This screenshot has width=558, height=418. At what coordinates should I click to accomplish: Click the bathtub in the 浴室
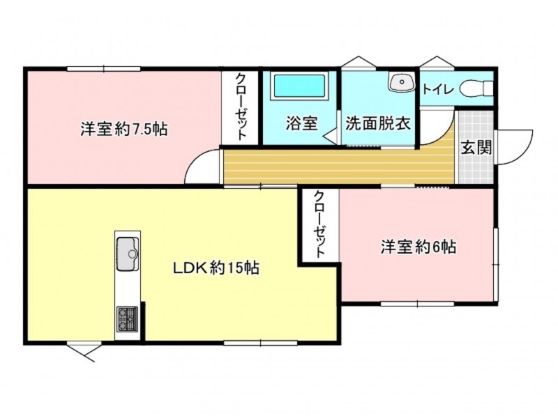pos(299,86)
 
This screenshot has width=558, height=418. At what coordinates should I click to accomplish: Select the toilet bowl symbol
pos(476,88)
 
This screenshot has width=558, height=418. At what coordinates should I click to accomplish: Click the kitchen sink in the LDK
pos(128,254)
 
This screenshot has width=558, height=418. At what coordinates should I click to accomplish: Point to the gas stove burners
pos(128,319)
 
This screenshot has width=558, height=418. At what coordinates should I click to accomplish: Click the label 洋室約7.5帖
pos(124,129)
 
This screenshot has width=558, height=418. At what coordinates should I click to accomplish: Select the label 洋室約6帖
pos(418,247)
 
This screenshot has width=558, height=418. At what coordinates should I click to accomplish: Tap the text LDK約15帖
pos(216,268)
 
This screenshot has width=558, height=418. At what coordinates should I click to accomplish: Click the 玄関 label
pos(476,147)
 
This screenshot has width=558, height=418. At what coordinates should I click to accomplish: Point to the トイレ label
pos(438,89)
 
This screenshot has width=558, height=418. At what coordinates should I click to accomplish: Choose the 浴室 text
pos(302,123)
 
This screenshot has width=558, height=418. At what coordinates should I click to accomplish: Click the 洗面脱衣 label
pos(378,123)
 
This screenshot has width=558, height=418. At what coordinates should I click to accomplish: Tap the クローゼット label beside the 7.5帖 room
pos(241,107)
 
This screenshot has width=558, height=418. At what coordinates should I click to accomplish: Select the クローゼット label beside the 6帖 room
pos(319,224)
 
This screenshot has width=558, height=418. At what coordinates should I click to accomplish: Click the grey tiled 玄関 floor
pos(476,147)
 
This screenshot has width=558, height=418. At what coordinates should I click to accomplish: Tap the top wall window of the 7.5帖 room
pos(103,68)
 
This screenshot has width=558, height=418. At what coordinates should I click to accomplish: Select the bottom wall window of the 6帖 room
pos(417,304)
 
